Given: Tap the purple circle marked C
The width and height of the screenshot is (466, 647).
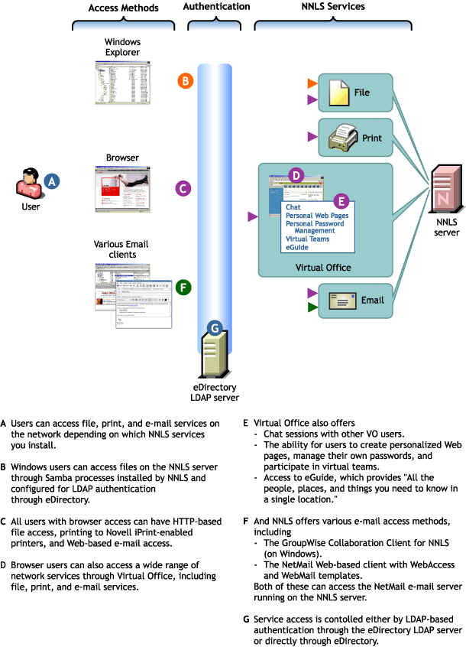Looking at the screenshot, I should click(183, 187).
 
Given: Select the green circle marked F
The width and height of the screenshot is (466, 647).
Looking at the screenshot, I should click(183, 288).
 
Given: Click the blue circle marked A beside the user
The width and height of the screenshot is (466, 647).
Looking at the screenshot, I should click(51, 181).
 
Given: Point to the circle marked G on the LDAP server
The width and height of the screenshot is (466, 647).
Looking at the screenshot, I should click(215, 328).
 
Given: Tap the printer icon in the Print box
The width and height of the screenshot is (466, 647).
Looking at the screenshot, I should click(339, 138).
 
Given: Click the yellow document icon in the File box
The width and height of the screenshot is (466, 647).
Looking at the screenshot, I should click(338, 93).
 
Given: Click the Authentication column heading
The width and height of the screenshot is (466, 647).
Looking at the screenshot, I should click(217, 7).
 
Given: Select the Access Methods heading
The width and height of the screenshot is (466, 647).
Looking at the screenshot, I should click(124, 8).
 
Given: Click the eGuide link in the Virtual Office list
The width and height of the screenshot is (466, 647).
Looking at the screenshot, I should click(297, 247).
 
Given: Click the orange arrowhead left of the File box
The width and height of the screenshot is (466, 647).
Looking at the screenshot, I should click(312, 83).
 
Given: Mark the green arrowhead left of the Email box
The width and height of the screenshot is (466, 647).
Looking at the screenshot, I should click(312, 308).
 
